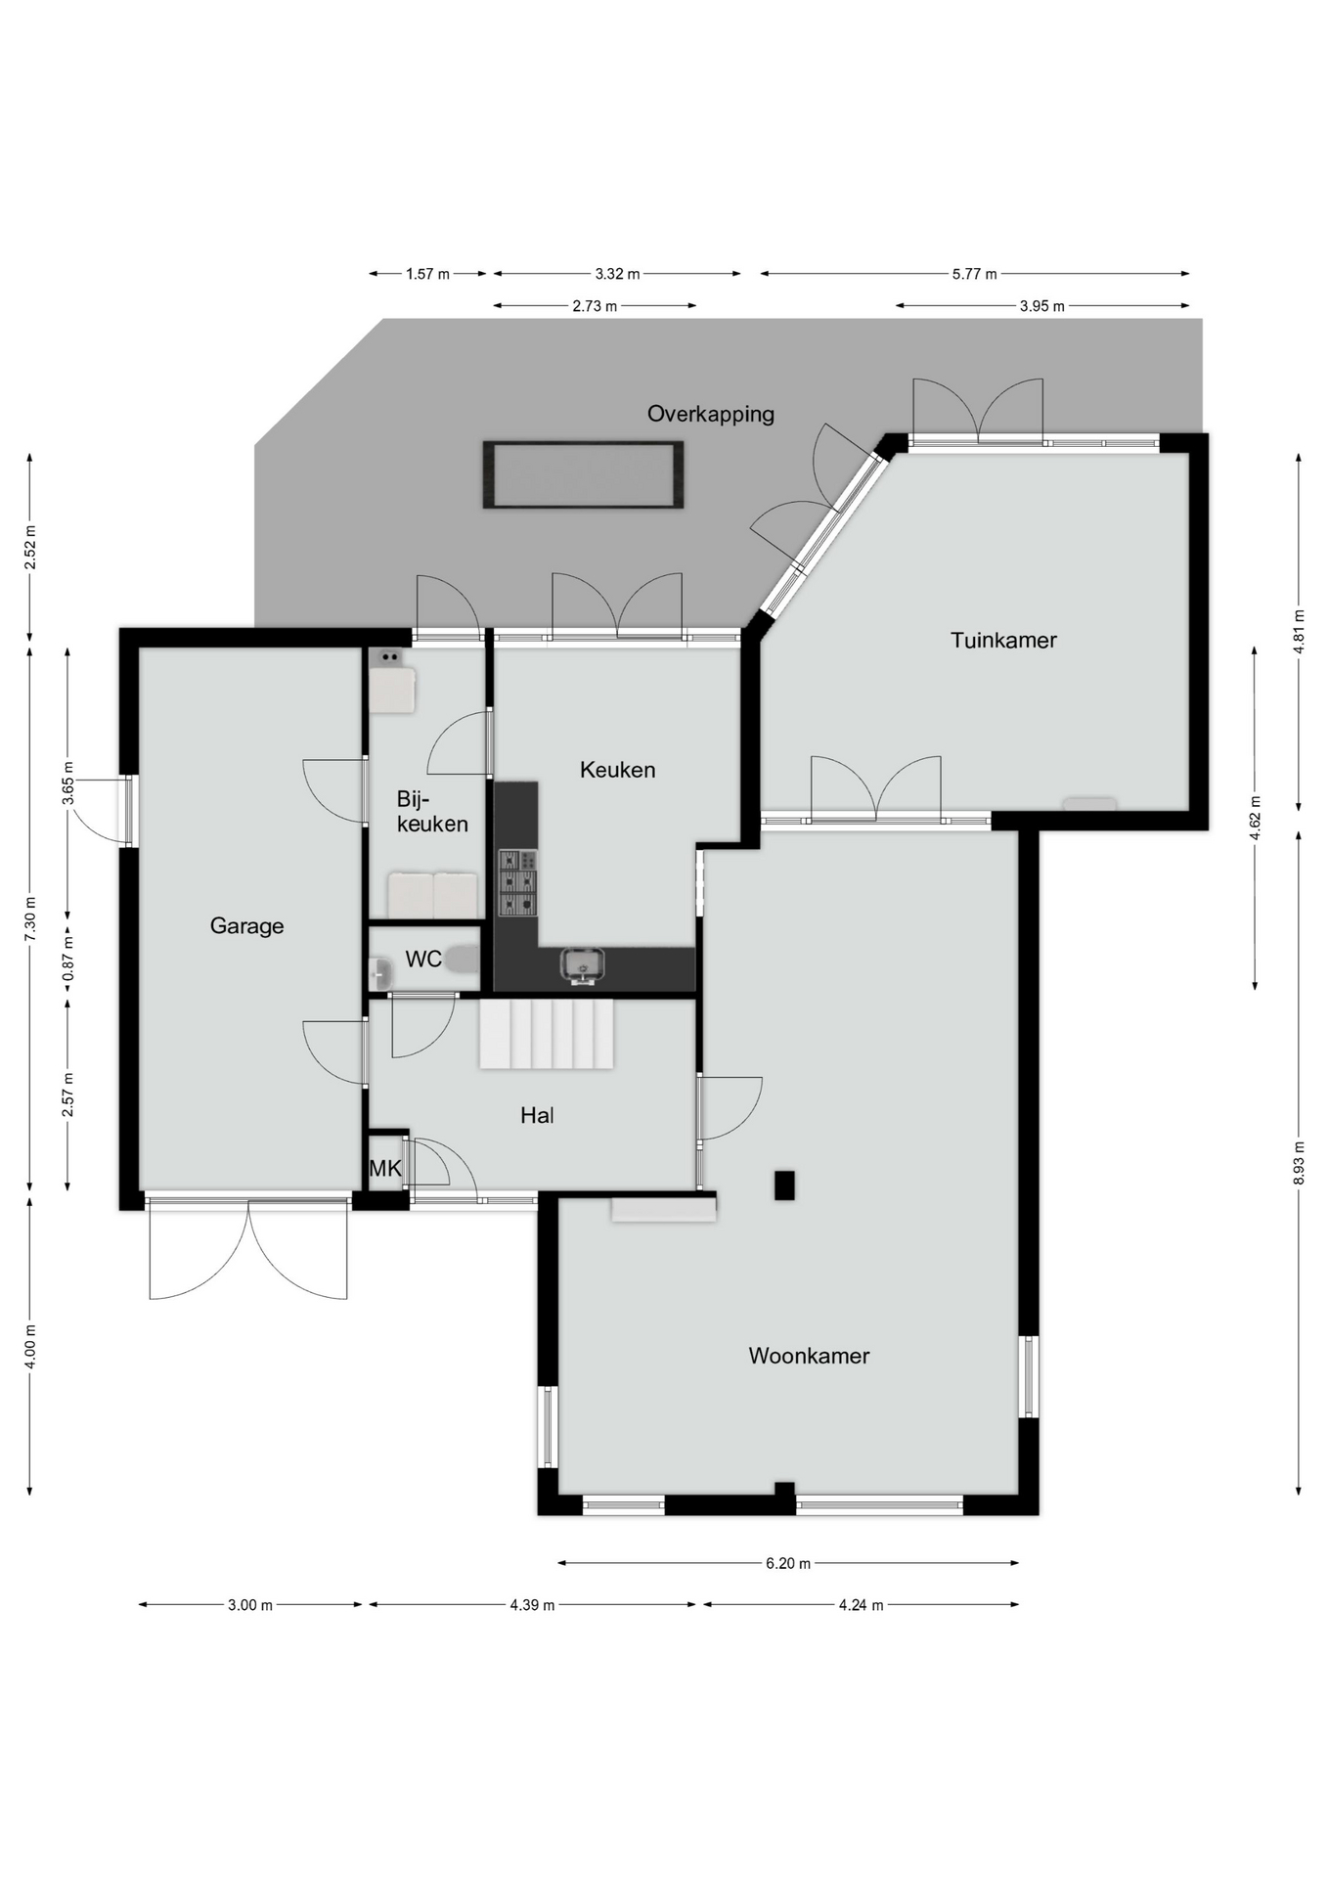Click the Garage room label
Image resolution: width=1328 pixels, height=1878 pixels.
[246, 925]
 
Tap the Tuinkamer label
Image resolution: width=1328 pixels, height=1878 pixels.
[1003, 640]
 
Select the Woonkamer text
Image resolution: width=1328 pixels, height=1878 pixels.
[809, 1356]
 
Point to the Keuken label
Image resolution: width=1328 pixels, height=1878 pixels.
[617, 770]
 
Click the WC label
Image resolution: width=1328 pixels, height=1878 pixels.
[423, 960]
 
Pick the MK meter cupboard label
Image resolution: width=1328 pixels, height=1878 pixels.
[385, 1168]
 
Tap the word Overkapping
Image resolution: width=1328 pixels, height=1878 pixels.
[711, 414]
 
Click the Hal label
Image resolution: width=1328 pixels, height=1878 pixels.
[537, 1115]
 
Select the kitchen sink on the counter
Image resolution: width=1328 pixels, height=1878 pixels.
[582, 964]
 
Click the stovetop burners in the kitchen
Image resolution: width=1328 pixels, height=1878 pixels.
[518, 883]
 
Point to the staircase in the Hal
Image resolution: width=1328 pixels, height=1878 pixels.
[546, 1034]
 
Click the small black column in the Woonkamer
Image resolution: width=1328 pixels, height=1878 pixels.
[784, 1185]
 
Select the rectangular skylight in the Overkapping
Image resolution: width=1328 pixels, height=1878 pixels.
[583, 474]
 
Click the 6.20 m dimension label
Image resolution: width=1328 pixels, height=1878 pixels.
[788, 1563]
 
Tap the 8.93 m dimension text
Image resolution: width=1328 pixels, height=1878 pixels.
[1299, 1163]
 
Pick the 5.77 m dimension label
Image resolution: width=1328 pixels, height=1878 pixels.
[975, 274]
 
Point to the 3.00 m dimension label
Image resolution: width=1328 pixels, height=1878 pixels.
[250, 1605]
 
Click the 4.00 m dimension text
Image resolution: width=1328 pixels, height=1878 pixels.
[29, 1346]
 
